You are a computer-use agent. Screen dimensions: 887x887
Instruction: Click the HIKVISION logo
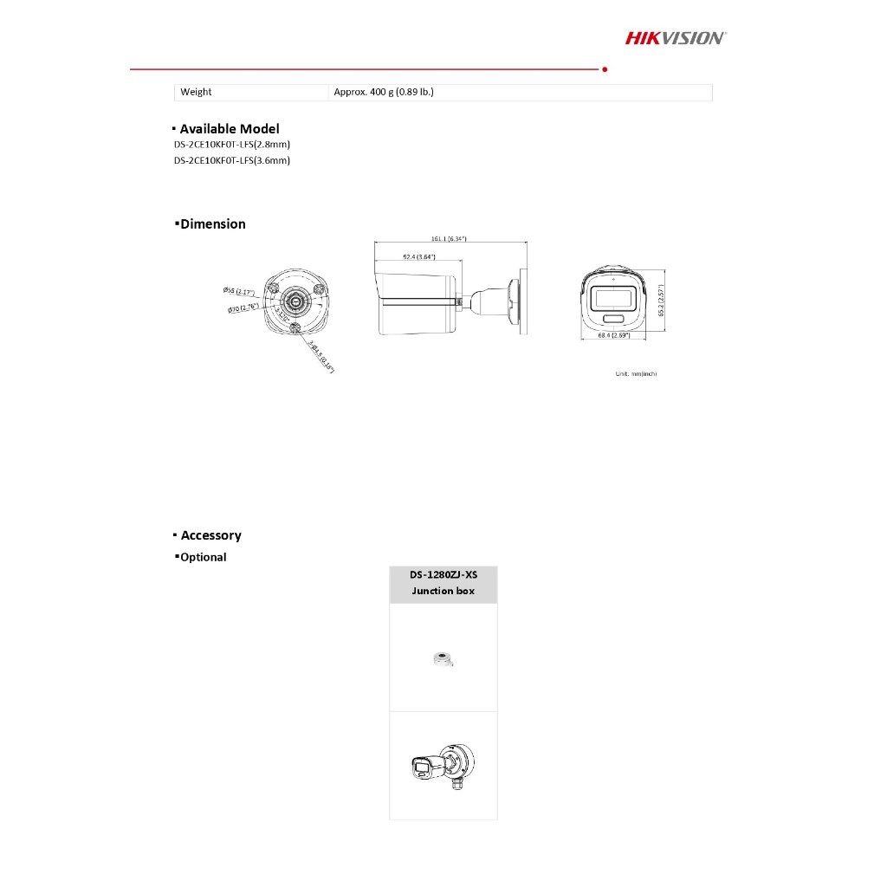pos(676,37)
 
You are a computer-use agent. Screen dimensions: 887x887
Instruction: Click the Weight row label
pos(196,92)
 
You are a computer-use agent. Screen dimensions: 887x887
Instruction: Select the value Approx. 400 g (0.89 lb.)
pos(384,92)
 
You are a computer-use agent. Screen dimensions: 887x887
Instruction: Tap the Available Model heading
pos(230,129)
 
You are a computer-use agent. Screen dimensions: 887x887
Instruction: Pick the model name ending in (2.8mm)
pos(232,145)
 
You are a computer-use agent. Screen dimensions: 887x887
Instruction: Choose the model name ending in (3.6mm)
pos(232,160)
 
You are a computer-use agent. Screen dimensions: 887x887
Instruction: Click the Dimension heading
pos(213,224)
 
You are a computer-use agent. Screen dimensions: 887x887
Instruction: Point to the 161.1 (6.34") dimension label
pos(449,238)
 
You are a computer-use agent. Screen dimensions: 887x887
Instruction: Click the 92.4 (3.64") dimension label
pos(418,257)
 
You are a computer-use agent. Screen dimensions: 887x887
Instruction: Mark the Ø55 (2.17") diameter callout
pos(238,291)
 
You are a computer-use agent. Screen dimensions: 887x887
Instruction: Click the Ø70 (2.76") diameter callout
pos(243,308)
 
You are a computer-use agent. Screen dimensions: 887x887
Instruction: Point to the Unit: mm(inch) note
pos(636,373)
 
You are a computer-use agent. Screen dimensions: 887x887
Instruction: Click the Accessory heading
pos(211,536)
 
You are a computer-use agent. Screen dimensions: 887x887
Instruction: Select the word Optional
pos(204,558)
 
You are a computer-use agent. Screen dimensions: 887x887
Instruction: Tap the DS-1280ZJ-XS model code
pos(443,575)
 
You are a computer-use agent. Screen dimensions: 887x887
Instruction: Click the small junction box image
pos(443,659)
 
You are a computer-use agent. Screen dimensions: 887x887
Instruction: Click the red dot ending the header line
pos(604,68)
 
